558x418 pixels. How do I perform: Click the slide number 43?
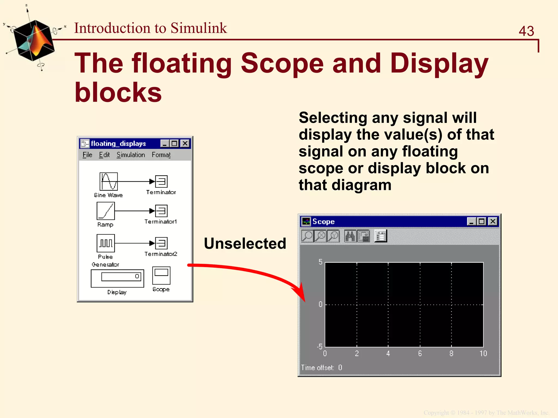526,31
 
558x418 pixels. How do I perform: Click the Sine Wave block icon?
108,181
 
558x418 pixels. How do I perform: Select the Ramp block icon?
106,211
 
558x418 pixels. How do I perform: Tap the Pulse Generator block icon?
106,243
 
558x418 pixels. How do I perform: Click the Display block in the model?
117,278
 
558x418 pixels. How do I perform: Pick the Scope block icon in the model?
161,275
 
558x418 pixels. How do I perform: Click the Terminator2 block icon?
161,243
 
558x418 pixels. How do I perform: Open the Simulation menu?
131,155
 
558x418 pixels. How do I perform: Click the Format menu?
161,155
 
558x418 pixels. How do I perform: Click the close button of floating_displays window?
185,143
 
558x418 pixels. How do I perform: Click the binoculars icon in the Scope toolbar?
350,236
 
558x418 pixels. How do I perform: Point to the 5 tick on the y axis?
320,262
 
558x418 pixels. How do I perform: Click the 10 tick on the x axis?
483,353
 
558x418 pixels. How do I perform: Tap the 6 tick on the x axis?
420,353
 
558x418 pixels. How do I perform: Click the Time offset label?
317,368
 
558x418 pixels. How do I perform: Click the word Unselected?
245,243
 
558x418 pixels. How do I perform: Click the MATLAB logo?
34,40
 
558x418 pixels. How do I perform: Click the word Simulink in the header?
199,28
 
